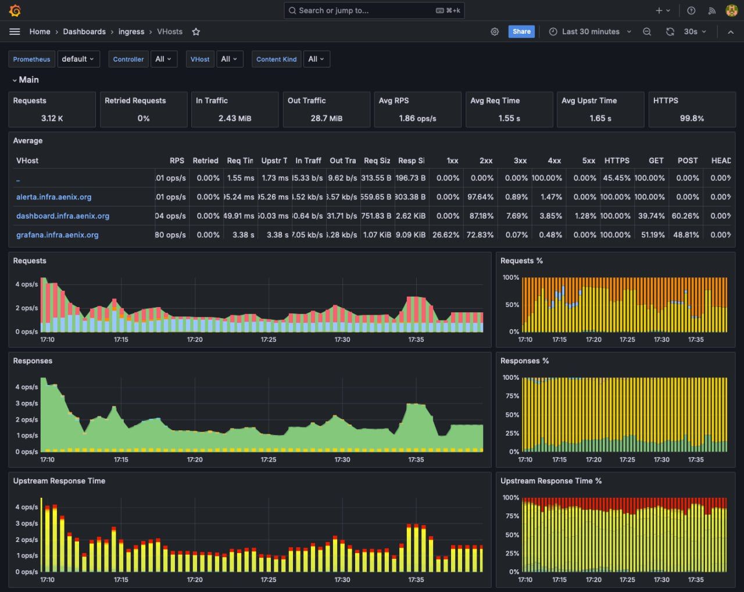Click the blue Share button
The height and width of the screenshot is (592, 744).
521,31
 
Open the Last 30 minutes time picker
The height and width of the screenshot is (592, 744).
590,31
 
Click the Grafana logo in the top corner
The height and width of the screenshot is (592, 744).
15,10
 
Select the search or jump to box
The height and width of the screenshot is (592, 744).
374,10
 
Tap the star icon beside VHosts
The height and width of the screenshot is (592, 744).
196,32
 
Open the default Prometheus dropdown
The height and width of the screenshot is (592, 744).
78,59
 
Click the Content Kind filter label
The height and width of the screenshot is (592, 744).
276,59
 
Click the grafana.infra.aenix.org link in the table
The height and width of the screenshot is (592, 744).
57,235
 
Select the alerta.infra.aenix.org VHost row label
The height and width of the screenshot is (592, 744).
53,197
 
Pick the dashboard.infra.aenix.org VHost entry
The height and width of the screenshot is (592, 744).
63,216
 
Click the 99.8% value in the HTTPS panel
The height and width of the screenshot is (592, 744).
692,118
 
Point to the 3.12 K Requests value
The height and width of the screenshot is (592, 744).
52,118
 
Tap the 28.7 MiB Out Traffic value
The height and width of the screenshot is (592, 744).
326,118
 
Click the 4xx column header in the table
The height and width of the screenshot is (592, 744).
554,161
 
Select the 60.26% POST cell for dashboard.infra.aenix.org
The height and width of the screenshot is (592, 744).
688,216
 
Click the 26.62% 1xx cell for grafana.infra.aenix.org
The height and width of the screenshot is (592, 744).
446,235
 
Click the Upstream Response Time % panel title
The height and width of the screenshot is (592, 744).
550,481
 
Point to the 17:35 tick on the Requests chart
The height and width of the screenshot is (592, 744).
416,340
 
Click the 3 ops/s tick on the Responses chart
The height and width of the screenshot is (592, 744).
27,403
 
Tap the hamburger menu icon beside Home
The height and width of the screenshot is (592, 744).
15,31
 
